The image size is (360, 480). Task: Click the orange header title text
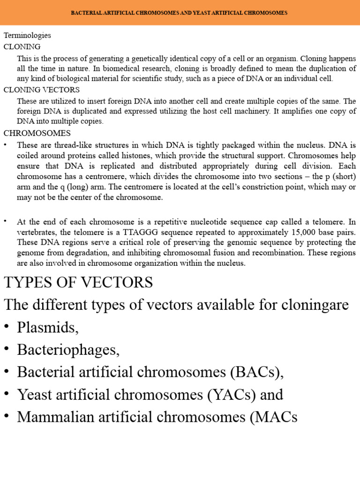[x=179, y=13]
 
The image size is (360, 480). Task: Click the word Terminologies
[x=27, y=35]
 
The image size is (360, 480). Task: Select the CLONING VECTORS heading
[x=42, y=90]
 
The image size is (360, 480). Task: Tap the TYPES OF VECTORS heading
[x=78, y=283]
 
